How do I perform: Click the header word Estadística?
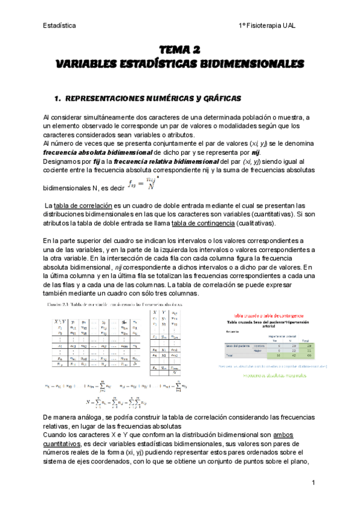(59, 26)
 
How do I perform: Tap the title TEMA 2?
(179, 50)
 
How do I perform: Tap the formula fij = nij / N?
(142, 185)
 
